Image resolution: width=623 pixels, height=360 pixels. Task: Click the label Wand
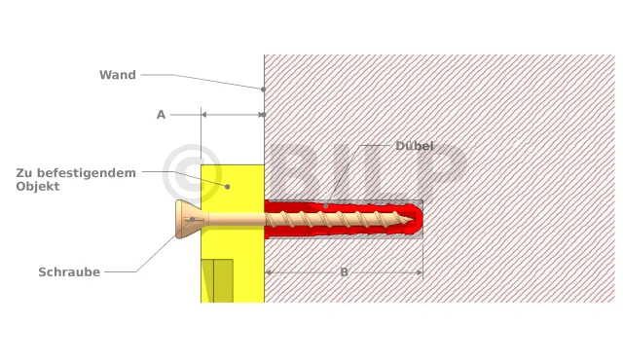coord(118,75)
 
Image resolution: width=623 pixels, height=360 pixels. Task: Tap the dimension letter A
coord(161,115)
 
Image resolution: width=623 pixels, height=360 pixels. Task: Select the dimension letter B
coord(344,272)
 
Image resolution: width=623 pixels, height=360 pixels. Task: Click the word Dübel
coord(414,146)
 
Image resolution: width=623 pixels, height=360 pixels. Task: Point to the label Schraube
coord(69,271)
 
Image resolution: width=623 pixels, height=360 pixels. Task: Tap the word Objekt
coord(38,186)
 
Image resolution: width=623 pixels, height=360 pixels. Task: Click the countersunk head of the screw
coord(189,219)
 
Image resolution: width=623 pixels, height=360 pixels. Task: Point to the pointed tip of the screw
coord(412,219)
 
